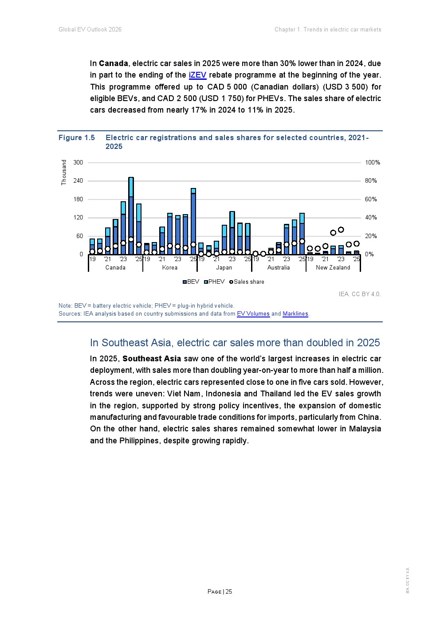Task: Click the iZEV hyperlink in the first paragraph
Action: click(197, 75)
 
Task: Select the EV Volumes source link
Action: click(253, 314)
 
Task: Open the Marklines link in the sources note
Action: click(295, 314)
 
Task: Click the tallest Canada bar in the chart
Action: click(131, 216)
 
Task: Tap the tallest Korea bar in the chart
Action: click(193, 221)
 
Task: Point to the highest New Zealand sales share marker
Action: click(341, 230)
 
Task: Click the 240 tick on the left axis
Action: click(78, 181)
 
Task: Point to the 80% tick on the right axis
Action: click(371, 181)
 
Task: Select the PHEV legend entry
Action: click(214, 282)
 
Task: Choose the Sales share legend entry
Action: click(247, 282)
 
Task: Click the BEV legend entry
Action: click(191, 282)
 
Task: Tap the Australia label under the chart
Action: click(279, 268)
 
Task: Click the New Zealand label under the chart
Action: click(333, 268)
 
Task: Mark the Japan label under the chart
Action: click(224, 268)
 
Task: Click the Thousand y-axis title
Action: click(64, 172)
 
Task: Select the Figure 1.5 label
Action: click(77, 138)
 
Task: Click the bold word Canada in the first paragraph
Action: click(114, 63)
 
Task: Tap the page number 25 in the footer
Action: click(228, 591)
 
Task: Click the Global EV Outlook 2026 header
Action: click(90, 29)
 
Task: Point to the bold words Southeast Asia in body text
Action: click(152, 359)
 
